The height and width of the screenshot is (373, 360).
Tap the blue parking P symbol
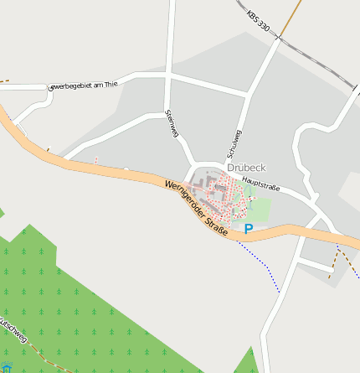(x=249, y=228)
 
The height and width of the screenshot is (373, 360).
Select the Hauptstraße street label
(x=260, y=183)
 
